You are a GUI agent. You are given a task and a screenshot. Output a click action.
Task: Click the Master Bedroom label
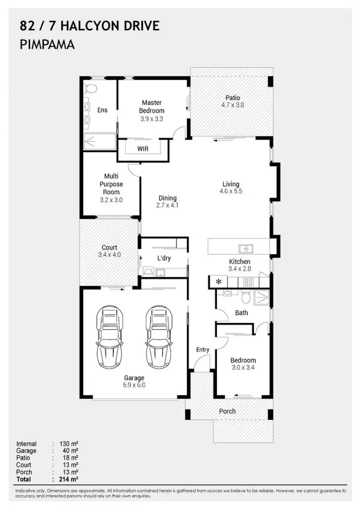[152, 107]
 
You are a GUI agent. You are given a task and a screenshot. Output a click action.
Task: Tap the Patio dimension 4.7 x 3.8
[233, 105]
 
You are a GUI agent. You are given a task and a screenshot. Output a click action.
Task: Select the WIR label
[142, 149]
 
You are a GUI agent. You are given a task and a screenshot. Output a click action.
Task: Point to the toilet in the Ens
[91, 88]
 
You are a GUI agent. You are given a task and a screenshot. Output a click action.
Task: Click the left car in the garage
[109, 337]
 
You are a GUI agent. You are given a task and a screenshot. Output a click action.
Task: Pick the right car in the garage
[159, 337]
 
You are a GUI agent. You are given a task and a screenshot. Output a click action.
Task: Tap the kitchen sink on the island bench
[246, 248]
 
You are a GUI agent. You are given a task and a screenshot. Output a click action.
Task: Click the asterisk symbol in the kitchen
[218, 281]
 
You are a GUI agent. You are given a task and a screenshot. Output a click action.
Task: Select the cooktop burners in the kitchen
[249, 282]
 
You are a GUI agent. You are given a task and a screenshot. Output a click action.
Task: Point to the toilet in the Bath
[246, 296]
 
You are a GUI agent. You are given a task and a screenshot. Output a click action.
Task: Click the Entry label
[202, 349]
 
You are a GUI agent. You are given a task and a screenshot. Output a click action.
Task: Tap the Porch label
[227, 411]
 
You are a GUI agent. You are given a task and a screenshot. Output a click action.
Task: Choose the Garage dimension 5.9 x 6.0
[134, 385]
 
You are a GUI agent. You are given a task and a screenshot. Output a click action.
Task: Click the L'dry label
[164, 258]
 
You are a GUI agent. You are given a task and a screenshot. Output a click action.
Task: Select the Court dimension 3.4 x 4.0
[109, 255]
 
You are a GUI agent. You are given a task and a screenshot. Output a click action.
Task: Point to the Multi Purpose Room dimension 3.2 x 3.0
[111, 200]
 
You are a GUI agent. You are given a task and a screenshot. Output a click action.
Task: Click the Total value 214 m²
[68, 479]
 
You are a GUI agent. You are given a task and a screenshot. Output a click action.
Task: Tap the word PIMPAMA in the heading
[47, 44]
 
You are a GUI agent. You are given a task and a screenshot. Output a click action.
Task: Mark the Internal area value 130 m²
[68, 443]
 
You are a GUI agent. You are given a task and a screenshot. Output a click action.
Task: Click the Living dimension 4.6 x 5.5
[231, 191]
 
